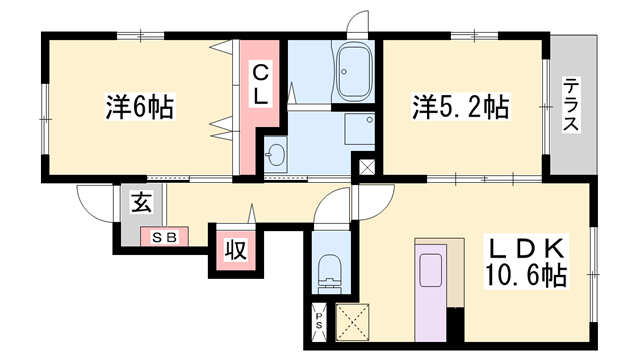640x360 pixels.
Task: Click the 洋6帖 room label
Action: tap(140, 107)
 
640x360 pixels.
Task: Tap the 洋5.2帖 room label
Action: tap(461, 107)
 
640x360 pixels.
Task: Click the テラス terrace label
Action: tap(571, 104)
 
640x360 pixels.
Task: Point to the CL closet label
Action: tap(260, 85)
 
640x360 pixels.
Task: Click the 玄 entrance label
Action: tap(142, 202)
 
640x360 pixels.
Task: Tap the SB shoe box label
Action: tap(164, 237)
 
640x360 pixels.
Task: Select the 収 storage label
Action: tap(236, 250)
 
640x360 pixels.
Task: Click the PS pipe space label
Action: tap(318, 321)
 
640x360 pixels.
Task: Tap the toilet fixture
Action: tap(330, 274)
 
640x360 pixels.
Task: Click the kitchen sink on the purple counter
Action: tap(431, 269)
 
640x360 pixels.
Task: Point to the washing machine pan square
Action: tap(360, 129)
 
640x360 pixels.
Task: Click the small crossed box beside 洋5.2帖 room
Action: tap(367, 167)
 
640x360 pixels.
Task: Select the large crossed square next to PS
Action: tap(352, 322)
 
